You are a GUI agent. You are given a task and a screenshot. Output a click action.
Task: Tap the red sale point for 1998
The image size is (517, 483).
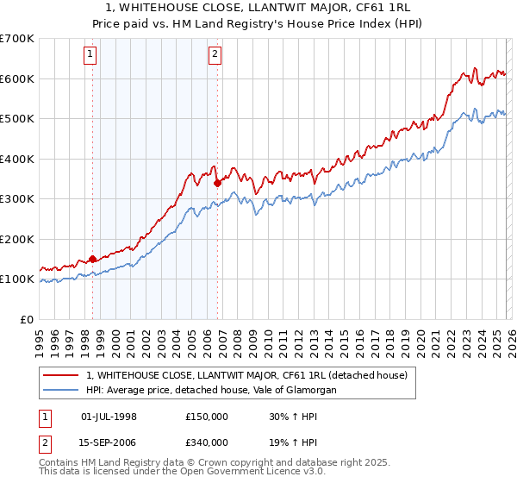tap(93, 259)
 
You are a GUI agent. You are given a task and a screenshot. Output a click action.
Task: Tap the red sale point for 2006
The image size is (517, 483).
tap(218, 183)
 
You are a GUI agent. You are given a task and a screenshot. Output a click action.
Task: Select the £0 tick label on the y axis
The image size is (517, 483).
tap(28, 319)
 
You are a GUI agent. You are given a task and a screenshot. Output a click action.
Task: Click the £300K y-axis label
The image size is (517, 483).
tap(17, 199)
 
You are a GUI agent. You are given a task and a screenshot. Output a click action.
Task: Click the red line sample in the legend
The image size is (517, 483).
tap(62, 375)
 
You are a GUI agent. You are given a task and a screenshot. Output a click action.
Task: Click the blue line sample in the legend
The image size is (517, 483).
tap(62, 390)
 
